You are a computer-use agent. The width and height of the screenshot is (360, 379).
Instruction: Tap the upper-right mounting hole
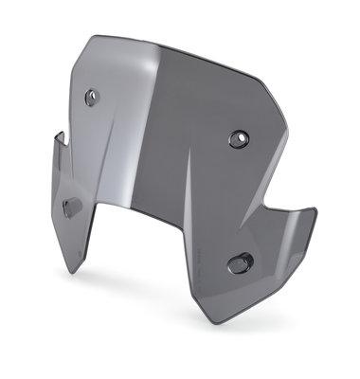click(236, 139)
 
